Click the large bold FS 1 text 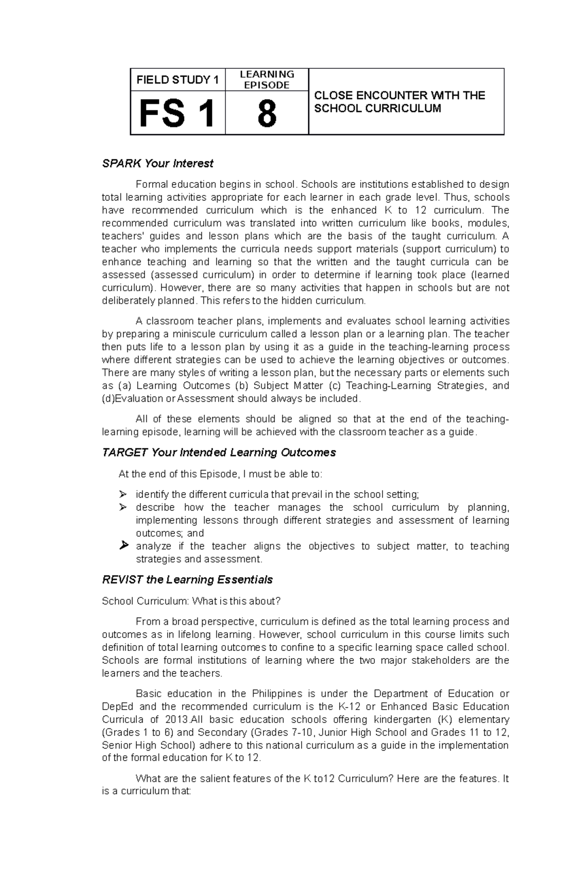(177, 114)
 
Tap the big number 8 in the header (266, 114)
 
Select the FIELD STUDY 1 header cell (177, 80)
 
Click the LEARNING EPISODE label (267, 79)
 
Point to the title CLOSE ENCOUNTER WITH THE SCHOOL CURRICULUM (399, 102)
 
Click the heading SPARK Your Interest (158, 164)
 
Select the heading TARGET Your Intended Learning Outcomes (219, 453)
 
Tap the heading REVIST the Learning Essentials (187, 580)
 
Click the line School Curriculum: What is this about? (191, 601)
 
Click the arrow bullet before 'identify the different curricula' (123, 494)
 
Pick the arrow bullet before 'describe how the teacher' (123, 507)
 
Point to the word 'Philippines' (277, 694)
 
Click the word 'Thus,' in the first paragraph (455, 198)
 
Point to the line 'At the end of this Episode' (220, 474)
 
